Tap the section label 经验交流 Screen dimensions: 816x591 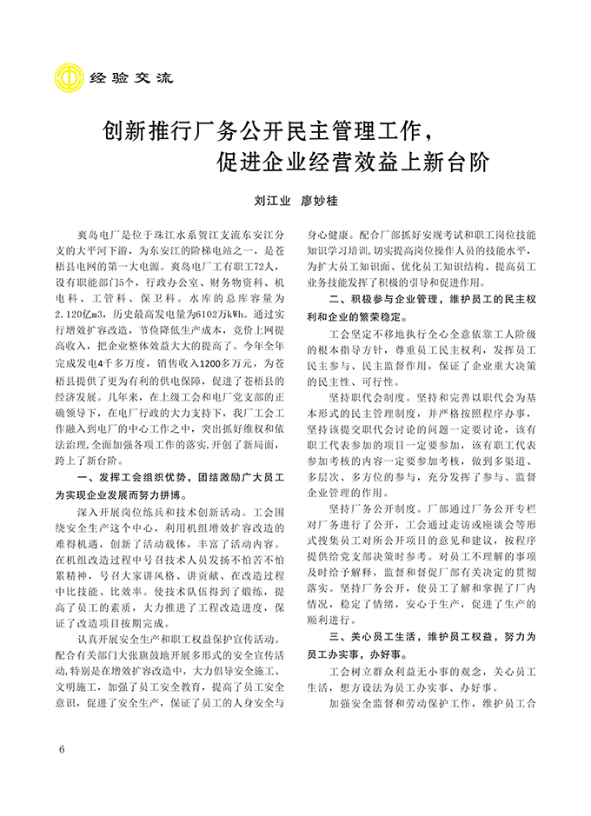click(121, 76)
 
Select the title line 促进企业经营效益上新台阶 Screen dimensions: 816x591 click(354, 163)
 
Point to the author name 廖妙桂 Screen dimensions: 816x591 click(319, 200)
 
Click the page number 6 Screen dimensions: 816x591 click(62, 749)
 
